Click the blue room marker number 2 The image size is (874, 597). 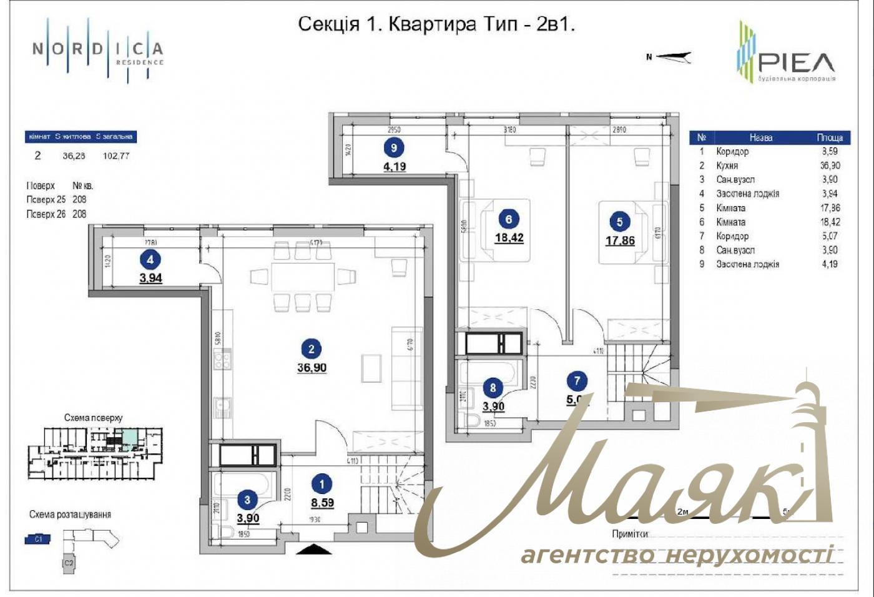[312, 350]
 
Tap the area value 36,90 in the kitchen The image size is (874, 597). [312, 368]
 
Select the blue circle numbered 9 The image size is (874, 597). [394, 148]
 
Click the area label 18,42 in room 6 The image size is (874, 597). [509, 238]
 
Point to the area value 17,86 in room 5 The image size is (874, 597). [620, 240]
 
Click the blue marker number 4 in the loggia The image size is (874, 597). [150, 260]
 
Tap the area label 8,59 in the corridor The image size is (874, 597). [322, 502]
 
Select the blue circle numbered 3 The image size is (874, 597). [248, 500]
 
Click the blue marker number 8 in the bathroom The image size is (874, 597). [493, 388]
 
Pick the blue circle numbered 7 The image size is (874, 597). [577, 380]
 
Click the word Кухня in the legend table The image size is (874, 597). [727, 165]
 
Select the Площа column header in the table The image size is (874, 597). [830, 137]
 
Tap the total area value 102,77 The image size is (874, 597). [116, 156]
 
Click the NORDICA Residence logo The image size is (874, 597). [98, 50]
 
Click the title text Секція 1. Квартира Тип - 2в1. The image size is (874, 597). [436, 24]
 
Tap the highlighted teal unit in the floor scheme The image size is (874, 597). [130, 438]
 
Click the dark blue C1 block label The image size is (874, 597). [38, 538]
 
